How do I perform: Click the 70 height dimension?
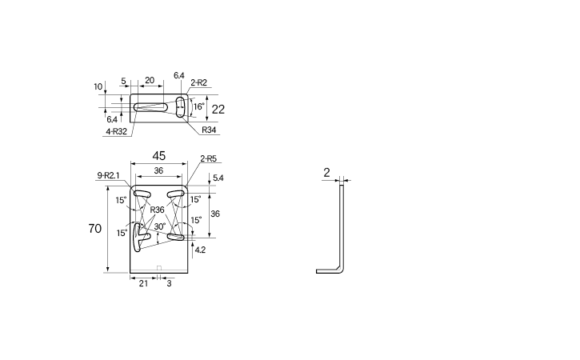95,228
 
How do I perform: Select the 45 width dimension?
159,156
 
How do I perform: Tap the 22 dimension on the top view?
218,109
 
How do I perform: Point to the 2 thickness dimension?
326,173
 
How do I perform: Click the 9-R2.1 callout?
108,175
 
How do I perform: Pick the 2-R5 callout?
209,158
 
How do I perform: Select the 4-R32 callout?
117,131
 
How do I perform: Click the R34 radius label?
209,130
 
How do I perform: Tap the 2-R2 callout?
199,83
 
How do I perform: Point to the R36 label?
158,210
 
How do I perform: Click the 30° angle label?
160,226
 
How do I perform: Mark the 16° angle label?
198,106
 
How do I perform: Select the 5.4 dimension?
218,178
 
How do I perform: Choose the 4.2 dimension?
200,250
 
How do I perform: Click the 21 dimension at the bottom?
143,283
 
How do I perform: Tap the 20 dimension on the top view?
150,80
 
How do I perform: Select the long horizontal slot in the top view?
151,107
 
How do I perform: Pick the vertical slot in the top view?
180,107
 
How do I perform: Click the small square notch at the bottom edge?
159,268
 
